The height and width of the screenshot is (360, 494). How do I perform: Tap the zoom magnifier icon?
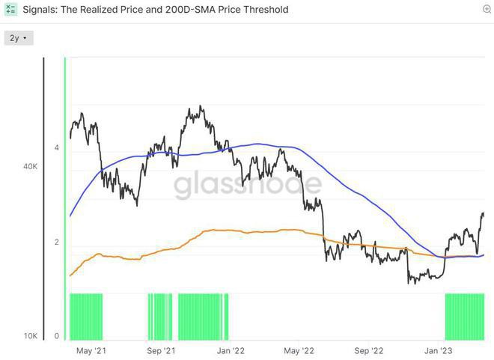[487, 9]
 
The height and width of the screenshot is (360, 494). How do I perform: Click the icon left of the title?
[10, 10]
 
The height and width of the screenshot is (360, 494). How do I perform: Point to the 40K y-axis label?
[31, 167]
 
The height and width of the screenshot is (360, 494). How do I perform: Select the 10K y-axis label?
[31, 336]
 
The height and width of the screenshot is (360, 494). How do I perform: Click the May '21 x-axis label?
[90, 350]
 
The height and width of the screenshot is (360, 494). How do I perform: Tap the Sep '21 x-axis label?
[160, 350]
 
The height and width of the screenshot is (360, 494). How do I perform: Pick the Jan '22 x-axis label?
[231, 350]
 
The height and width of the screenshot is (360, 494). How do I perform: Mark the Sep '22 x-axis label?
[369, 350]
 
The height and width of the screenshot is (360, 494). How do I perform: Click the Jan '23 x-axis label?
[439, 350]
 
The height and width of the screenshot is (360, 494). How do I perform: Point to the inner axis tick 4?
[56, 148]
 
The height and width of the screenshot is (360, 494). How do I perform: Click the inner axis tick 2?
[56, 242]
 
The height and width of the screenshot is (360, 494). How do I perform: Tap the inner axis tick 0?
[56, 336]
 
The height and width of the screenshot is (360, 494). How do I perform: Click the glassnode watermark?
[248, 185]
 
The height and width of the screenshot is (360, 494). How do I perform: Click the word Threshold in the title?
[265, 10]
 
